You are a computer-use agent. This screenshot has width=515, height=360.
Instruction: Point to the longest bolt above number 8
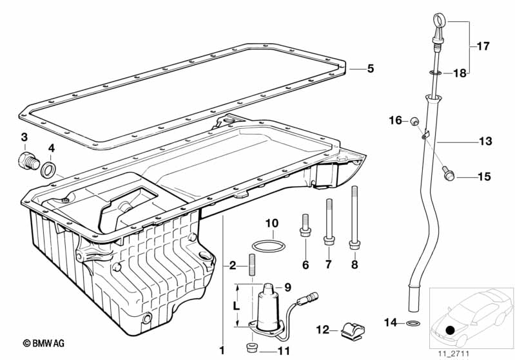[354, 216]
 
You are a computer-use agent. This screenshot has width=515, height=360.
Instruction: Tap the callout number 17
[483, 46]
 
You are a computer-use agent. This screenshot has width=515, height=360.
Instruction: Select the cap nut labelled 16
[416, 120]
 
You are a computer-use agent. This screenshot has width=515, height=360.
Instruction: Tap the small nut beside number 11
[253, 348]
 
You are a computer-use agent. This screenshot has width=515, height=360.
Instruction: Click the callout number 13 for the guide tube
[485, 140]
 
